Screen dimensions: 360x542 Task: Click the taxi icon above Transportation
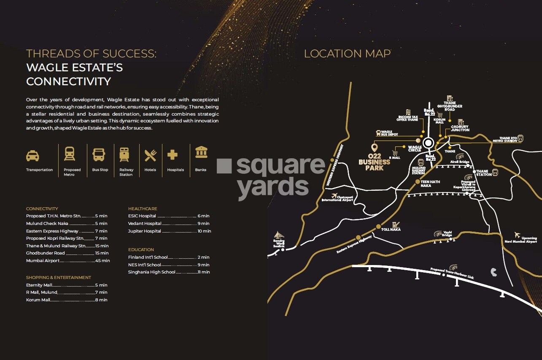pyautogui.click(x=32, y=156)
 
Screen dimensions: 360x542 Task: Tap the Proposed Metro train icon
pyautogui.click(x=70, y=154)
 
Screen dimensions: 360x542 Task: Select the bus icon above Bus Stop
pyautogui.click(x=99, y=154)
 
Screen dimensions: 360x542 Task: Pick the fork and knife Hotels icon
pyautogui.click(x=150, y=155)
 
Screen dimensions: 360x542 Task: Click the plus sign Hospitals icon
pyautogui.click(x=173, y=154)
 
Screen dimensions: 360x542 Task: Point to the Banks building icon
pyautogui.click(x=201, y=152)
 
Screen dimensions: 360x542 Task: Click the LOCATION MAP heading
pyautogui.click(x=347, y=54)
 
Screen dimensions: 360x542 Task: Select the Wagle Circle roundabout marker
pyautogui.click(x=429, y=143)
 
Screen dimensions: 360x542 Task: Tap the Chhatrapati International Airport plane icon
pyautogui.click(x=335, y=196)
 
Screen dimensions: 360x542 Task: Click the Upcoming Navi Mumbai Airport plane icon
pyautogui.click(x=518, y=235)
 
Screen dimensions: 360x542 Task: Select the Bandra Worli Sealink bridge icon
pyautogui.click(x=279, y=236)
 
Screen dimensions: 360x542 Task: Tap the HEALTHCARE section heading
pyautogui.click(x=143, y=208)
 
